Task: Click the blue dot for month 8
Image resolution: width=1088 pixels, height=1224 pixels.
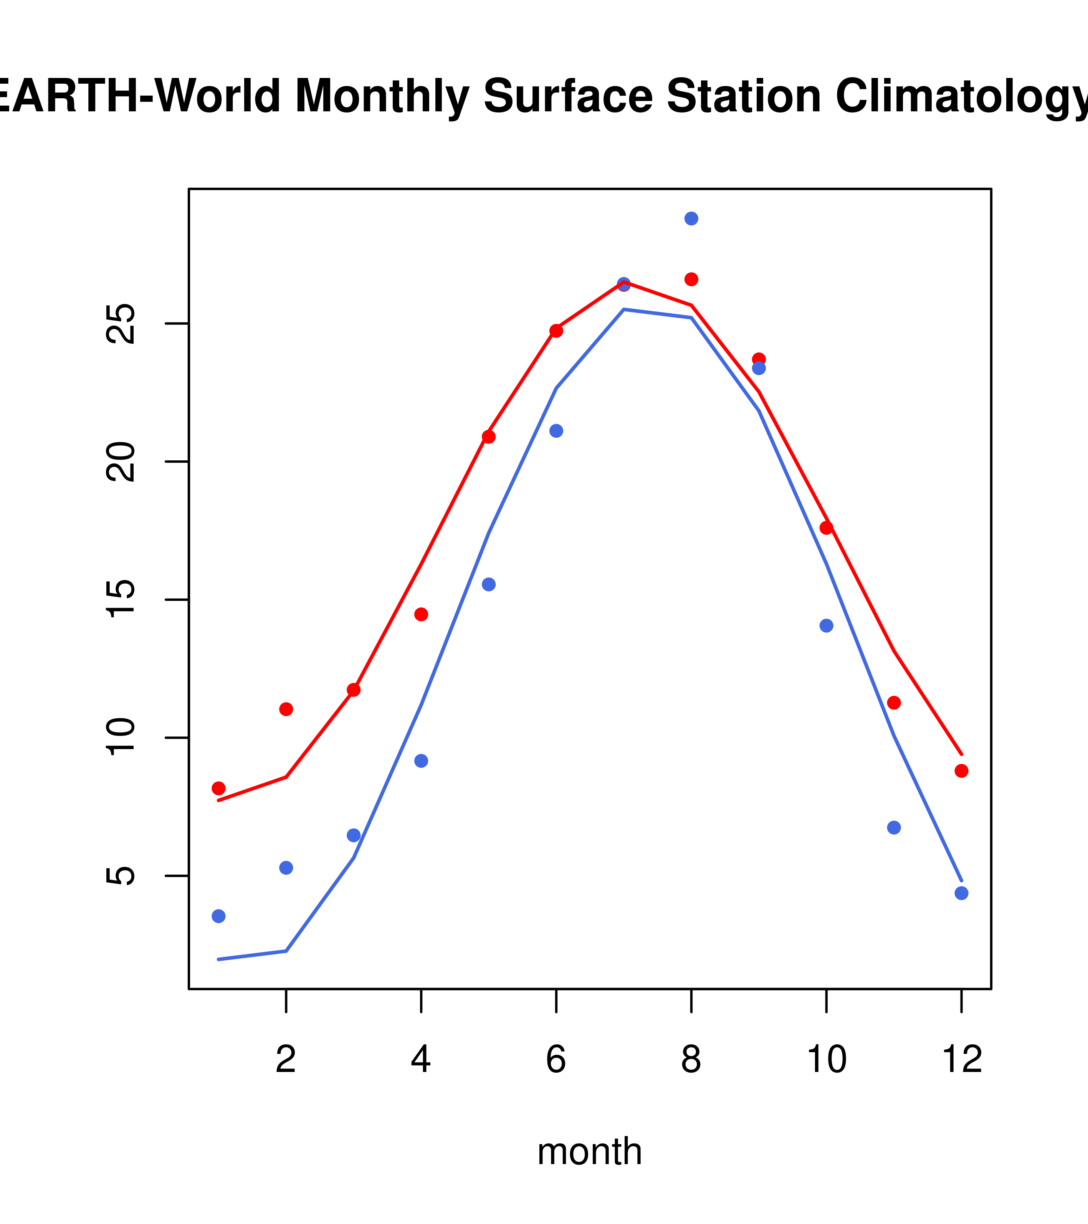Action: click(691, 218)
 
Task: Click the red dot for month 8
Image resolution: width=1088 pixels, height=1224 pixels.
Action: click(691, 279)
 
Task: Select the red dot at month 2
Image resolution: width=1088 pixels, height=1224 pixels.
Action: click(286, 709)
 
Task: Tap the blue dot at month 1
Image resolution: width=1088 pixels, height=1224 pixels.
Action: click(218, 916)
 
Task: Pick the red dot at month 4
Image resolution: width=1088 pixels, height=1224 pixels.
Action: click(421, 614)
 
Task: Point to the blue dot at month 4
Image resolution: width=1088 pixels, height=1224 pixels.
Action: click(421, 761)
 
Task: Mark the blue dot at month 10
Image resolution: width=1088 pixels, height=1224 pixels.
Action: click(826, 626)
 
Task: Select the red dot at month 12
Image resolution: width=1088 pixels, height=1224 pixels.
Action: click(961, 771)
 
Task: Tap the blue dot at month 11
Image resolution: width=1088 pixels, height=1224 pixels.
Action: click(893, 827)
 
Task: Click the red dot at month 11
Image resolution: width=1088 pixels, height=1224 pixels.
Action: click(893, 703)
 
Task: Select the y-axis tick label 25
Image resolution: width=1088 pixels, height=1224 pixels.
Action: click(122, 323)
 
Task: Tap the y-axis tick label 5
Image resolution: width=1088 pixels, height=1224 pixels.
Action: click(122, 875)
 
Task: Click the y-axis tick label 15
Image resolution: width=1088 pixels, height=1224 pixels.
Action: click(122, 599)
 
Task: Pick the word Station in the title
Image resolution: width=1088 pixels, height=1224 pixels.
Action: click(743, 96)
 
